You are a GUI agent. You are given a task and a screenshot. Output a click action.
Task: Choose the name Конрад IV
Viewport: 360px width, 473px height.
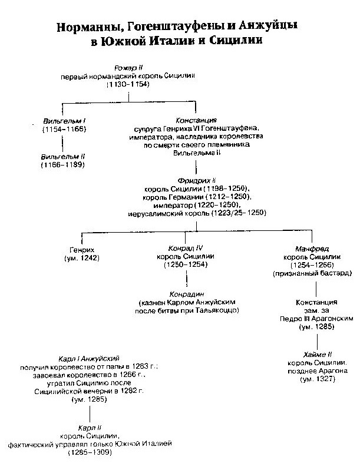(x=186, y=248)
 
